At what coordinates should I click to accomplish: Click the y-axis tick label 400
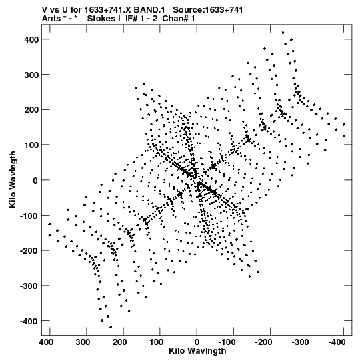(x=31, y=39)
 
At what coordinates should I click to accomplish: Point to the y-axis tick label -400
(x=29, y=321)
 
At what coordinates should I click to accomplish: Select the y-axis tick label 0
(x=35, y=180)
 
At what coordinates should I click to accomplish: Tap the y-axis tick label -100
(x=29, y=216)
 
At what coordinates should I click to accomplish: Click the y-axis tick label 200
(x=31, y=110)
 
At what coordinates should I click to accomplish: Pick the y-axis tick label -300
(x=29, y=286)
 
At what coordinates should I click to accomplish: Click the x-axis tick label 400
(x=46, y=342)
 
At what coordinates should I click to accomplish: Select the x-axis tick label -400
(x=337, y=342)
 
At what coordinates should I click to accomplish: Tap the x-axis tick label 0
(x=197, y=342)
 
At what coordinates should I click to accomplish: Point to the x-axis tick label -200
(x=263, y=342)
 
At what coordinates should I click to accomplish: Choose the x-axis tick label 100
(x=157, y=342)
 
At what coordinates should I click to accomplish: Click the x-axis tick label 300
(x=83, y=342)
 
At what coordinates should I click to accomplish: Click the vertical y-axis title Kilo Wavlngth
(x=13, y=179)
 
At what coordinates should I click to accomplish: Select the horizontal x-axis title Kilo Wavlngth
(x=197, y=351)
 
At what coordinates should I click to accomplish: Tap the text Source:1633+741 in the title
(x=208, y=10)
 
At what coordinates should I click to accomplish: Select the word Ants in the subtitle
(x=51, y=19)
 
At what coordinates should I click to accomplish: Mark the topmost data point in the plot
(x=283, y=33)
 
